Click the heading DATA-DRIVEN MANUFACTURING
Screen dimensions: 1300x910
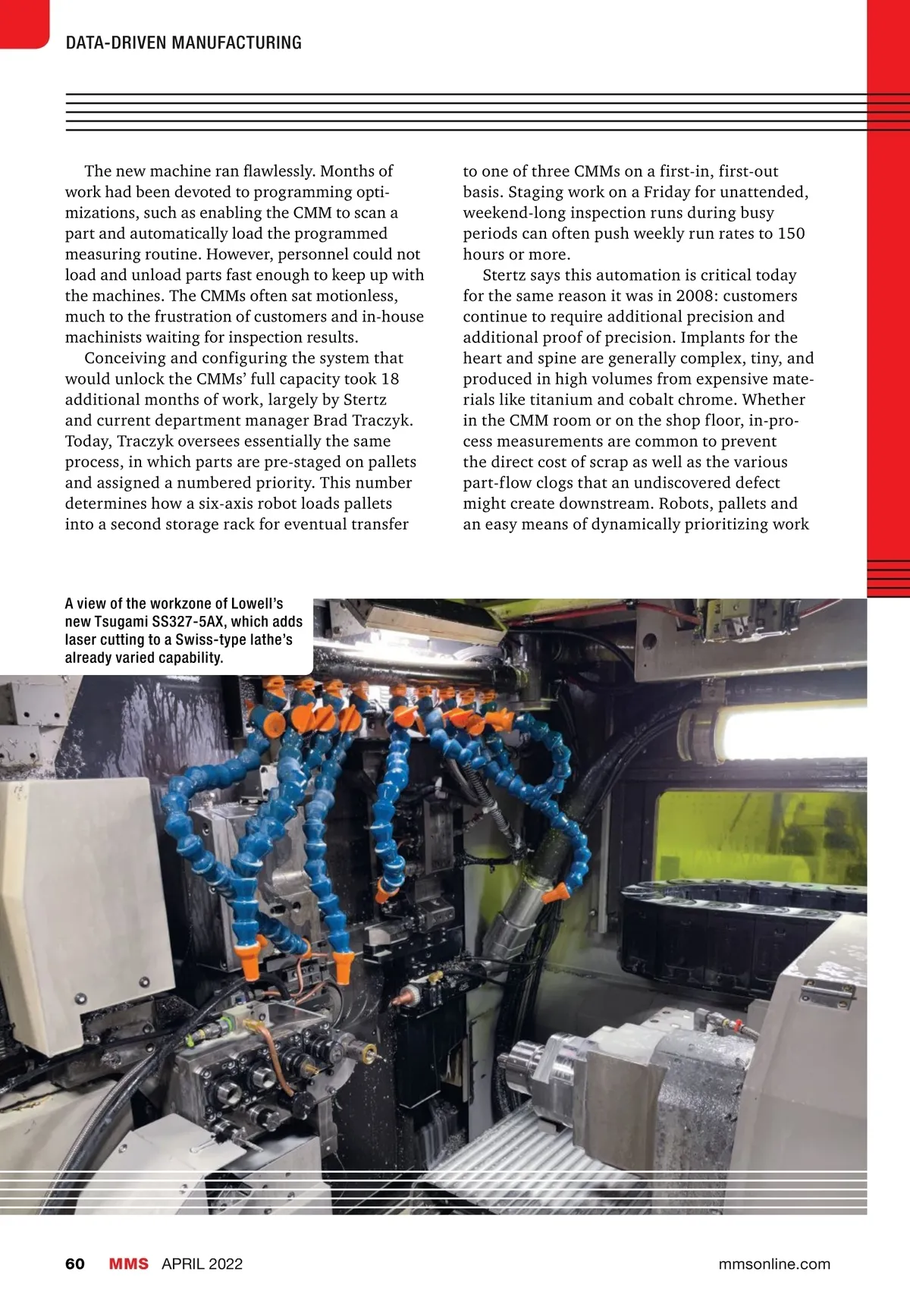(184, 42)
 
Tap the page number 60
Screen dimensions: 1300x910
(75, 1264)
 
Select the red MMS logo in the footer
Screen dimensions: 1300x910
(129, 1264)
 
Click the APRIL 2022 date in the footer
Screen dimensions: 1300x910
(202, 1264)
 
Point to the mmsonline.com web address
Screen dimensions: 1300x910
(773, 1264)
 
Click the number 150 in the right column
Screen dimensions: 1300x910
(791, 234)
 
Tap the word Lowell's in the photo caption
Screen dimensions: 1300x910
(256, 604)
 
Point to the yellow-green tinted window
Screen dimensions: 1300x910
(758, 834)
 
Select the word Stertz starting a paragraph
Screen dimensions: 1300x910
(507, 275)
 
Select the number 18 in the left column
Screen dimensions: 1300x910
(390, 379)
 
